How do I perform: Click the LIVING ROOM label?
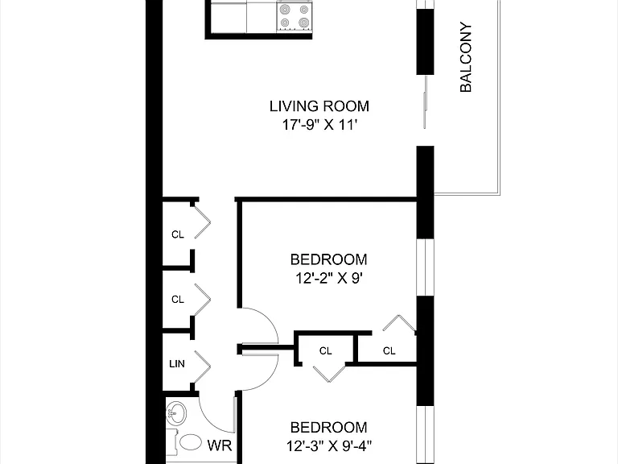click(319, 106)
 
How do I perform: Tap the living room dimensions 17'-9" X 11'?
click(319, 125)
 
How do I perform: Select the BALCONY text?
click(466, 57)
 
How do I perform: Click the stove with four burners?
click(295, 16)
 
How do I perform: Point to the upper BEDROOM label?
click(328, 259)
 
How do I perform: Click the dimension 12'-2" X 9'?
click(328, 279)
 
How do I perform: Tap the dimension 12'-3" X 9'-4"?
click(329, 446)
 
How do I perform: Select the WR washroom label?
click(220, 445)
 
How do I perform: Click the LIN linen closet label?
click(177, 364)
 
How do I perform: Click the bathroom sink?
click(175, 413)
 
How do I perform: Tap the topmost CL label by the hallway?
click(178, 234)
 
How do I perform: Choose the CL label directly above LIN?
click(178, 300)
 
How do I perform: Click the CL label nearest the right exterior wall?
click(389, 350)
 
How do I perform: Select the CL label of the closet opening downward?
click(326, 350)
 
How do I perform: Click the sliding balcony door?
click(425, 101)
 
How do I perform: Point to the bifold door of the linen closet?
click(202, 367)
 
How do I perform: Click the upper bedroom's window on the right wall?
click(425, 267)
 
